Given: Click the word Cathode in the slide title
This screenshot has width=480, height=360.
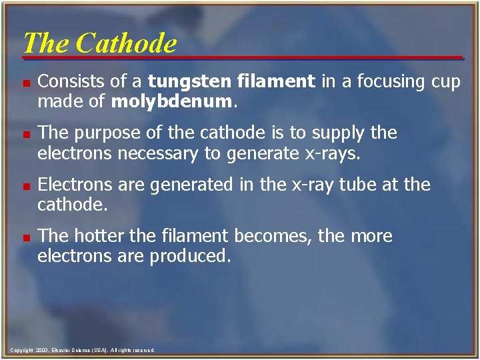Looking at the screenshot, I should pos(126,43).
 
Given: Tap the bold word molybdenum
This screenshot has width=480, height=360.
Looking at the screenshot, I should pos(173,102).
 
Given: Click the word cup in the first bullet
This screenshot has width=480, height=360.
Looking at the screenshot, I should pos(444,83).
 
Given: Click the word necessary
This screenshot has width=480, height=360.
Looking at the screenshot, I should pos(152,153).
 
